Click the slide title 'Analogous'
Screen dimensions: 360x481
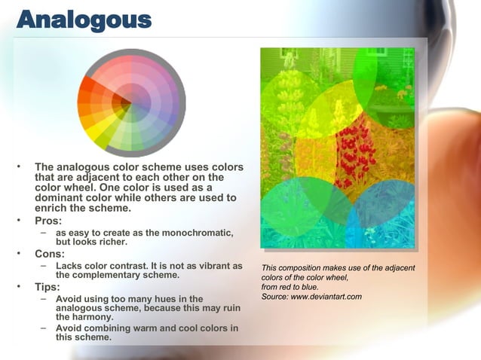[x=84, y=20]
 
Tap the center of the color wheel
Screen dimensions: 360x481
[x=132, y=101]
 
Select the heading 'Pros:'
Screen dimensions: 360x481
[x=51, y=221]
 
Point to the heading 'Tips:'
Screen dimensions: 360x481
[x=50, y=287]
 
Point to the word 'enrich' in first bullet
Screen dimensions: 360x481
[x=54, y=208]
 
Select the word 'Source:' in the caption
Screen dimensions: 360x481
[x=274, y=297]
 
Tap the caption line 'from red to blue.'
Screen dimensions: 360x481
[x=290, y=287]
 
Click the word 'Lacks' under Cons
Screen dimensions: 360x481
[x=70, y=266]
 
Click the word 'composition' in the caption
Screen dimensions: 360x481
[x=302, y=268]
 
